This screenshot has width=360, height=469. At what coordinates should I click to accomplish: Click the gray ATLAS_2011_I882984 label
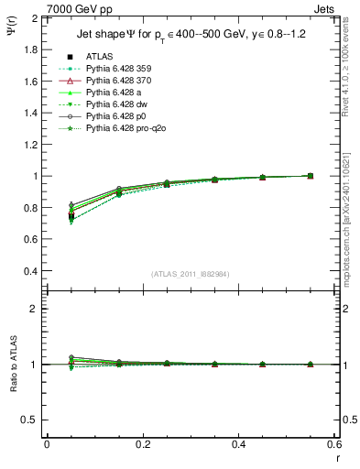click(191, 273)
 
